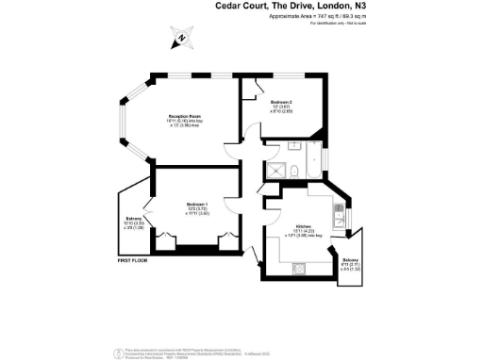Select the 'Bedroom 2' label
tap(282, 102)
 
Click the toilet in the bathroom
tap(297, 170)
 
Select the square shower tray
tap(275, 170)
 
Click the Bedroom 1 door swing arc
tap(229, 203)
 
